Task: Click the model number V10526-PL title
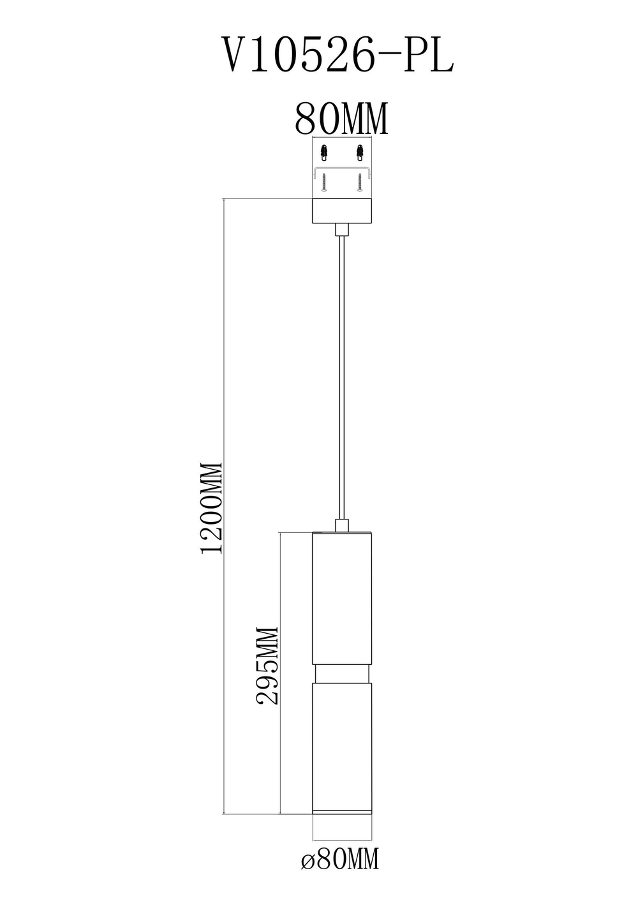coord(336,56)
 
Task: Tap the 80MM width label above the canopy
coord(341,119)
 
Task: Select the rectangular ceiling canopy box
coord(343,211)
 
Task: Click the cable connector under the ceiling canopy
coord(343,230)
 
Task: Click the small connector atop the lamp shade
coord(343,525)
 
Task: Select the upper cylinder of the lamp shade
coord(343,600)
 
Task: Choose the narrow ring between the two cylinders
coord(343,675)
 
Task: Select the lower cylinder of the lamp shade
coord(343,743)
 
